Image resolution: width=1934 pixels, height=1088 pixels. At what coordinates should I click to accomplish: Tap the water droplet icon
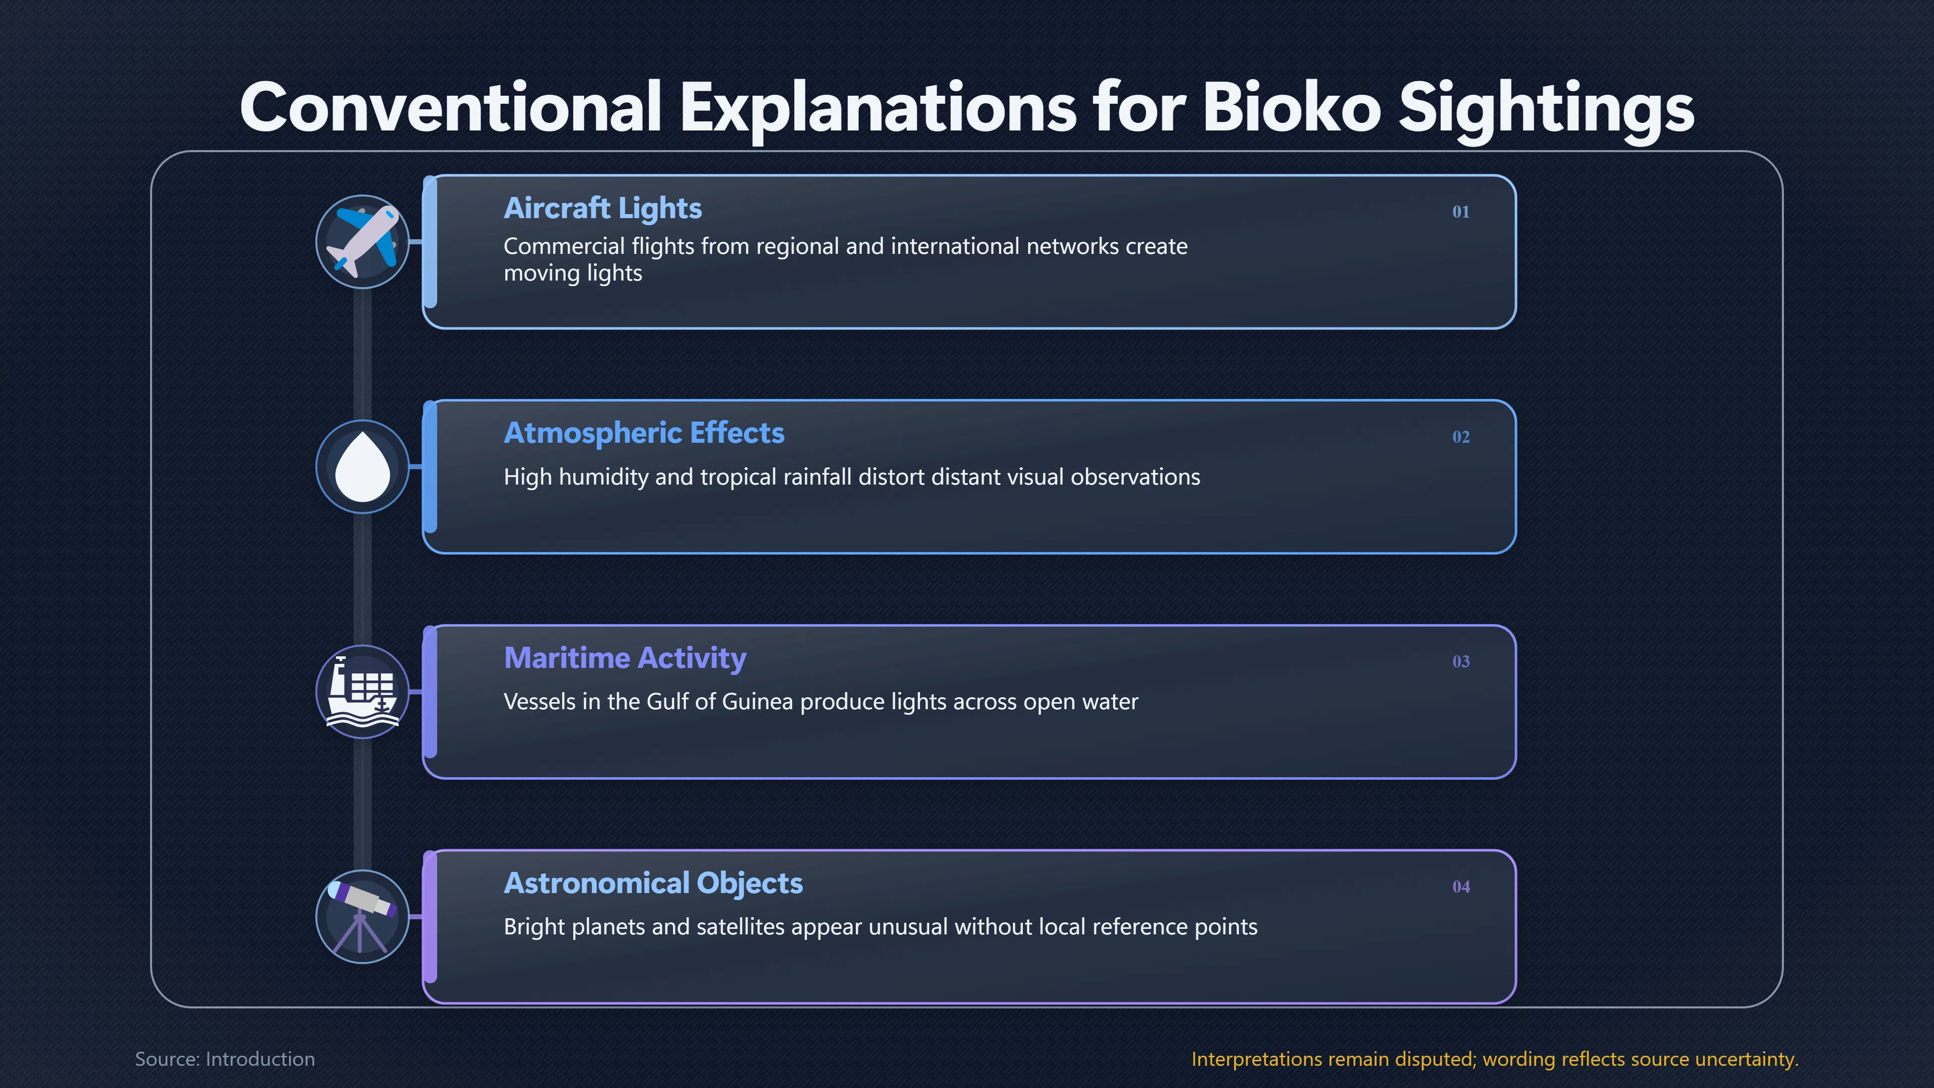click(x=363, y=466)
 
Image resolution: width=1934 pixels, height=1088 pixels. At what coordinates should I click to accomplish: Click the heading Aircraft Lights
click(x=602, y=208)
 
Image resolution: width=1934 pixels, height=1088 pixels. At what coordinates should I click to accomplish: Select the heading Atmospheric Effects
click(x=644, y=433)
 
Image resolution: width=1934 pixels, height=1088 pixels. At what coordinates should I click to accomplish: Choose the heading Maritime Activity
click(x=625, y=658)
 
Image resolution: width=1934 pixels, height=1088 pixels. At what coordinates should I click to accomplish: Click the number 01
click(x=1460, y=212)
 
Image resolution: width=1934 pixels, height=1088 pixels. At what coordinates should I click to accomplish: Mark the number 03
click(x=1460, y=661)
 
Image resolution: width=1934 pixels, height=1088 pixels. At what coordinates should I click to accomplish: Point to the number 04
click(x=1460, y=887)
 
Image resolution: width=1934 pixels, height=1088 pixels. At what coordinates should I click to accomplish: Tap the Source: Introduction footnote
click(x=225, y=1059)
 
